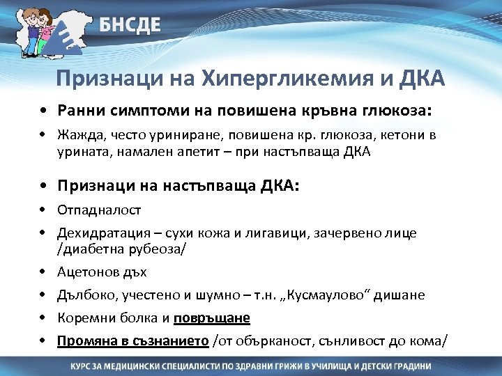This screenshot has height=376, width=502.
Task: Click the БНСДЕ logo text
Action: click(x=130, y=26)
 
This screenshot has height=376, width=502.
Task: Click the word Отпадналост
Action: click(x=99, y=210)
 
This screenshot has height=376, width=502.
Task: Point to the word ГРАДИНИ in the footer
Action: click(x=406, y=366)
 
